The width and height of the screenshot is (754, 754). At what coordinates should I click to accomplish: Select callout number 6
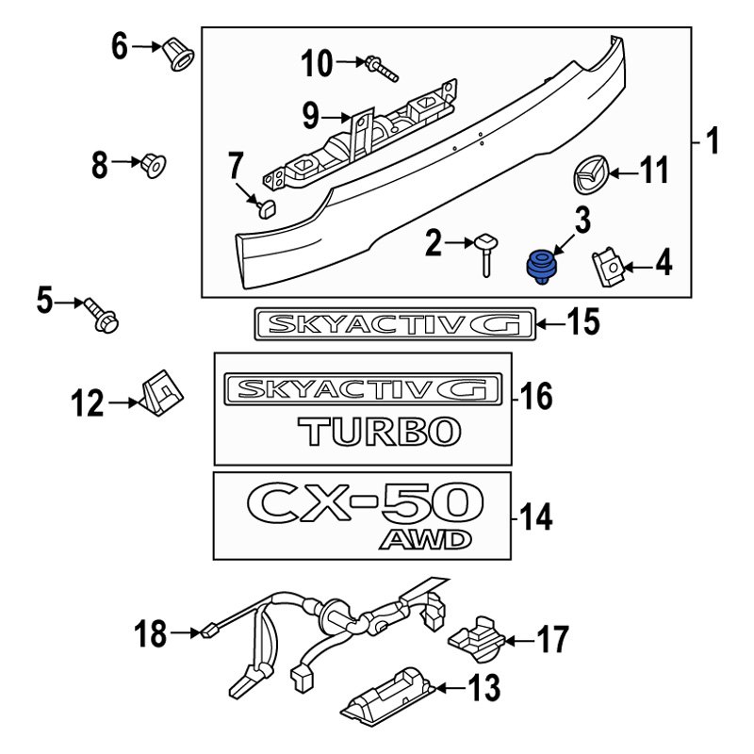(119, 45)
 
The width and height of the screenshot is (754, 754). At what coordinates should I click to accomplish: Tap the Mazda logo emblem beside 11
(590, 174)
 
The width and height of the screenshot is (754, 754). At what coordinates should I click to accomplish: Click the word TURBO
(381, 433)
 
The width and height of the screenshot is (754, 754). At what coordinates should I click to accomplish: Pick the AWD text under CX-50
(424, 539)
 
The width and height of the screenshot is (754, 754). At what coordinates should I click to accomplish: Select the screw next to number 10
(380, 68)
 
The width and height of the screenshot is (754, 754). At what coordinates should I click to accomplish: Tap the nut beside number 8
(154, 167)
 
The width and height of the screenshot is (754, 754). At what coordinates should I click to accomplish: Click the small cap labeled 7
(264, 206)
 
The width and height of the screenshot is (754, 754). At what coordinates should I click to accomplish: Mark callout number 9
(312, 117)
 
